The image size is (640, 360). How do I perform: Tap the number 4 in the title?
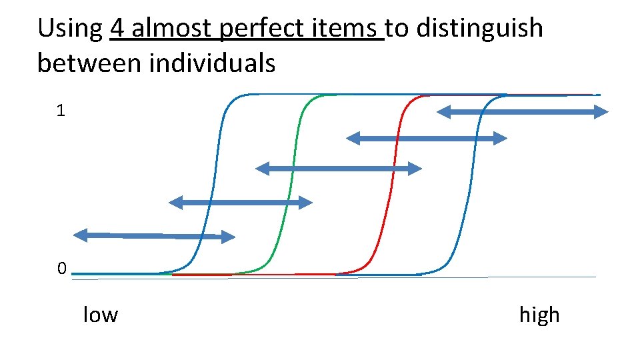pos(117,29)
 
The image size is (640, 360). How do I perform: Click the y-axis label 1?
pos(61,111)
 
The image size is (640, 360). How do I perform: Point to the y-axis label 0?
pos(61,269)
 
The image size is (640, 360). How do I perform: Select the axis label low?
pos(100,314)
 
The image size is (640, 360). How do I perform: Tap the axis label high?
pos(539,314)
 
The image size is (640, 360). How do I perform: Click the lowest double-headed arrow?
pos(154,235)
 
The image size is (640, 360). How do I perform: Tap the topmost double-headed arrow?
pos(522,112)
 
